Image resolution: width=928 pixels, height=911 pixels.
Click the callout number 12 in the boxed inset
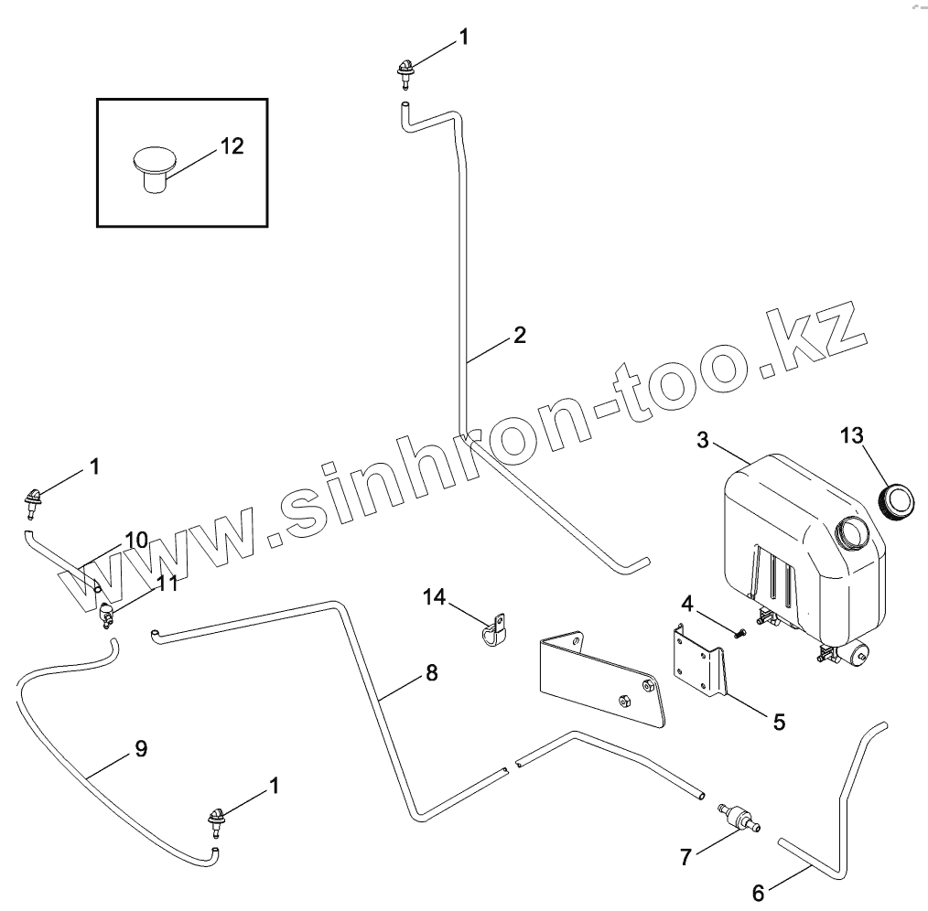pyautogui.click(x=232, y=145)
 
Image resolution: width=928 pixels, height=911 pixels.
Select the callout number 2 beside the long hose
pyautogui.click(x=519, y=335)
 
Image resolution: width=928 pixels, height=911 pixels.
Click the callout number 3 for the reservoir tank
pyautogui.click(x=703, y=439)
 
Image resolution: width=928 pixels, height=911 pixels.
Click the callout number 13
pyautogui.click(x=851, y=435)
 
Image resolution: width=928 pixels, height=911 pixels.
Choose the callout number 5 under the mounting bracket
pyautogui.click(x=778, y=721)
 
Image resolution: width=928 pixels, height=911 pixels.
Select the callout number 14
pyautogui.click(x=435, y=597)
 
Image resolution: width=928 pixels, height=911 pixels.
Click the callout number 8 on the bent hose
pyautogui.click(x=430, y=674)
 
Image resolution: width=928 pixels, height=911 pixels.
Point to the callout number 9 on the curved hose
pyautogui.click(x=140, y=748)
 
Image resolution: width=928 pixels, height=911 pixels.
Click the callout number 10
pyautogui.click(x=135, y=540)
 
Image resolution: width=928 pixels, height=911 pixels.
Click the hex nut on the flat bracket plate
pyautogui.click(x=623, y=701)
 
